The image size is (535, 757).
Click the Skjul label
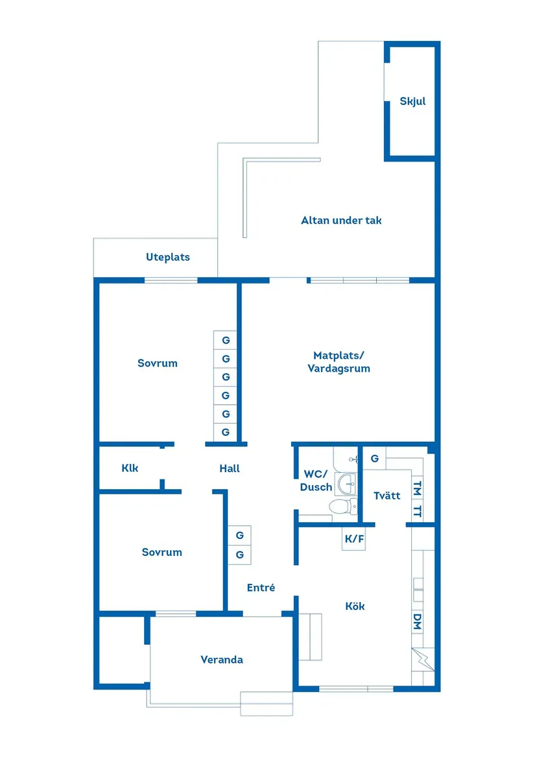(412, 101)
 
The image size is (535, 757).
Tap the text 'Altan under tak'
(341, 221)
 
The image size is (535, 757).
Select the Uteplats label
(168, 258)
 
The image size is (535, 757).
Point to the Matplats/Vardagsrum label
(339, 362)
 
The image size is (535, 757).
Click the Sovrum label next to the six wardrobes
(158, 363)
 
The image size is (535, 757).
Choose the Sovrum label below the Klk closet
(162, 552)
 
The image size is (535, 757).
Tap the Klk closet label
(130, 468)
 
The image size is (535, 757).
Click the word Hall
(230, 468)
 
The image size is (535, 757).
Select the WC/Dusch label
(316, 481)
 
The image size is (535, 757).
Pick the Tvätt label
(387, 496)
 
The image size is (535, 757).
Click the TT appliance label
(417, 511)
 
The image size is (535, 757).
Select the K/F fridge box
(354, 538)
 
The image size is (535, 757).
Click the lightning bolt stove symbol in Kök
(420, 660)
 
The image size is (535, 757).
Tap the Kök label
(355, 606)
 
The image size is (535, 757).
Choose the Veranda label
(222, 660)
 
